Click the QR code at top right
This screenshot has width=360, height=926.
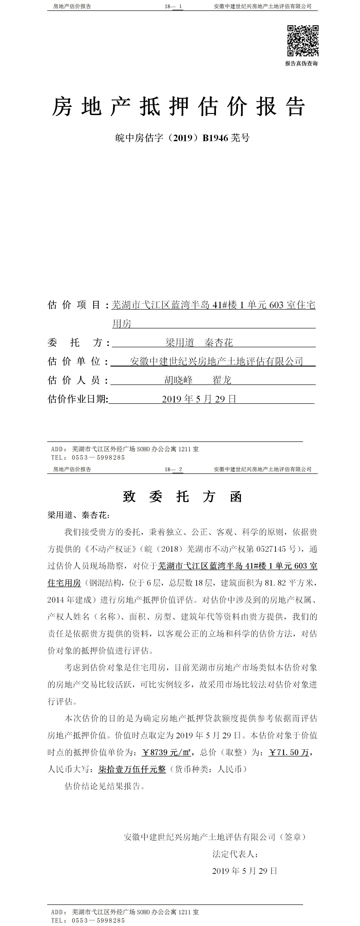coord(303,41)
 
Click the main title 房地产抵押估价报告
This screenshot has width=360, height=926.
coord(179,107)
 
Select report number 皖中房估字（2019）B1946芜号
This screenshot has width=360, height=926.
coord(182,138)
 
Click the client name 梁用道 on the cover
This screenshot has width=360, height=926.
coord(180,342)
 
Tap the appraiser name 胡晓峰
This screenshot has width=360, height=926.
coord(179,380)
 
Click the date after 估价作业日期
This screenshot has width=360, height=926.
coord(199,399)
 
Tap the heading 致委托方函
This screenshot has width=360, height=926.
coord(182,497)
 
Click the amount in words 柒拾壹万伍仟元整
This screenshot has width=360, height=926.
coord(132,769)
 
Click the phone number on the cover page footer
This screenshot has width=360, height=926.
coord(98,458)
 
